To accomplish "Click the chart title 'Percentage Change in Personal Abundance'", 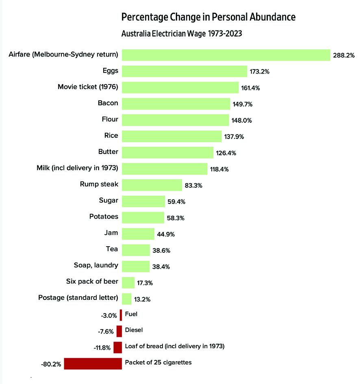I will [208, 17].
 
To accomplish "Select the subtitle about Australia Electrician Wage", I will [182, 34].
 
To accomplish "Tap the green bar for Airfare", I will [226, 55].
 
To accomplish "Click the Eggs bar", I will [184, 71].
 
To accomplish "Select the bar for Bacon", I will [176, 104].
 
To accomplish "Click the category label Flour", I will [110, 119].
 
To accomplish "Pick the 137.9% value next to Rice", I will [234, 137].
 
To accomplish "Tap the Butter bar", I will [167, 152].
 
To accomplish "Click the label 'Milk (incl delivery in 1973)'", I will [78, 167].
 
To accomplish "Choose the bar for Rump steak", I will [152, 185].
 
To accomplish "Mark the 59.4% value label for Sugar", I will [177, 202].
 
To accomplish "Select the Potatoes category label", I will [104, 216].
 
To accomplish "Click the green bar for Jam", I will [138, 234].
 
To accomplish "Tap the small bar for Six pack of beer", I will [128, 282].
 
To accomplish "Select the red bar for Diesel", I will [119, 331].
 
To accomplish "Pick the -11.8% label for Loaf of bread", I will [102, 348].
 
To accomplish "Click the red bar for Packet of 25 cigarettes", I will [93, 364].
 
